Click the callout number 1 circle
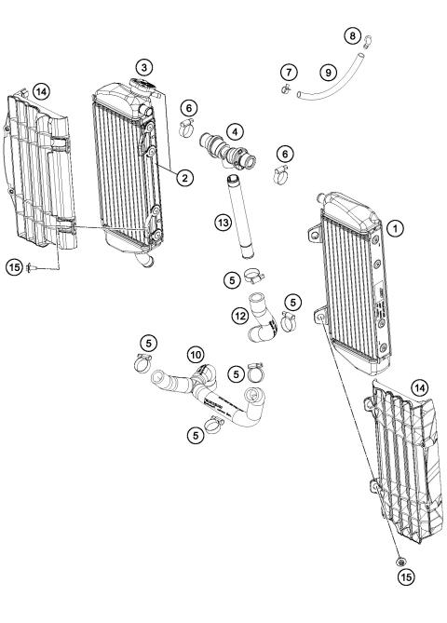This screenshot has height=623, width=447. pyautogui.click(x=395, y=226)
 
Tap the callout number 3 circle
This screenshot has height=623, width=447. pyautogui.click(x=142, y=67)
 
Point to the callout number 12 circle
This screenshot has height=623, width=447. pyautogui.click(x=240, y=317)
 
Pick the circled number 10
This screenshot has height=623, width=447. pyautogui.click(x=196, y=354)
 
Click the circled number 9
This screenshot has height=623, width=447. pyautogui.click(x=327, y=71)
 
